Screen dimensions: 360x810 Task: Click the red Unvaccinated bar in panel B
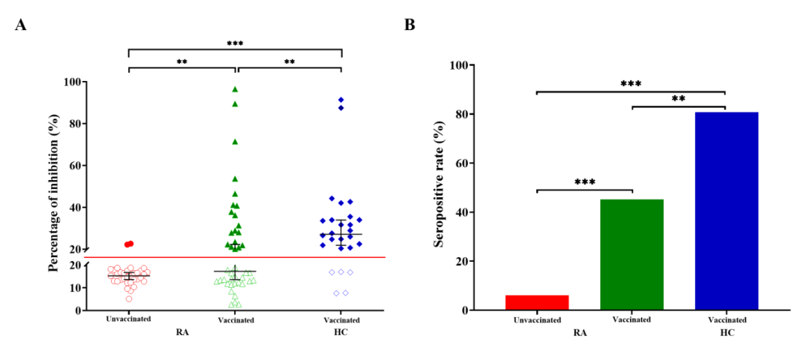[536, 302]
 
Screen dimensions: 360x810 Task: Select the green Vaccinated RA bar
[631, 254]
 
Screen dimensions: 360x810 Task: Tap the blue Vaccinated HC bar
[726, 211]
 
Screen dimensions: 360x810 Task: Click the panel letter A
[21, 25]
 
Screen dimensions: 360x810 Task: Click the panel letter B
[409, 25]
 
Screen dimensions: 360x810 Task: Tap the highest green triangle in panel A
[235, 89]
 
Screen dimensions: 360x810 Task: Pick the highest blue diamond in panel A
[341, 100]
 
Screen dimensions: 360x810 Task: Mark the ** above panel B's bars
[679, 99]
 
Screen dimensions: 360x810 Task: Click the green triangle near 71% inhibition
[235, 141]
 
